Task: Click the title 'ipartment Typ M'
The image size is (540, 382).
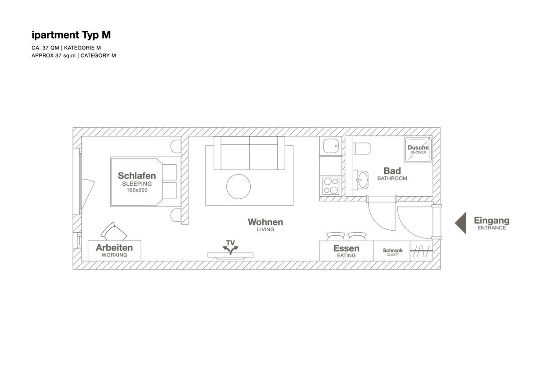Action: coord(71,35)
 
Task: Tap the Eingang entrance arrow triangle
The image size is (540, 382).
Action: coord(461,223)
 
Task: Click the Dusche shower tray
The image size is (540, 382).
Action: coord(418,150)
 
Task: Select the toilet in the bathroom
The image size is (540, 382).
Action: coord(362,148)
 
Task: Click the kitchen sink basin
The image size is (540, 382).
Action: coord(331,146)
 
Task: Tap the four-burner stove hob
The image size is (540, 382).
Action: coord(331,186)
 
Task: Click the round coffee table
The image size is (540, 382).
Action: coord(238,187)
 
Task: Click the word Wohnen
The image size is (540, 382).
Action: coord(265,222)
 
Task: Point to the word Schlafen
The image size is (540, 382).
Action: coord(137,175)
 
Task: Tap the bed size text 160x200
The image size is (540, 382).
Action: coord(137,190)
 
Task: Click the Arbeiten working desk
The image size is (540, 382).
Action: coord(114,251)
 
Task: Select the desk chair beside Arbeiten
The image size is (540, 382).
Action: coord(113,232)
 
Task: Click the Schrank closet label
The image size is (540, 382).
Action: coord(393,252)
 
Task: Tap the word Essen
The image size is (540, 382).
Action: coord(346,248)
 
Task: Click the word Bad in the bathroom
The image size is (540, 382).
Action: coord(392,171)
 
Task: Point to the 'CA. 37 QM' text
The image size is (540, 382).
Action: coord(45,48)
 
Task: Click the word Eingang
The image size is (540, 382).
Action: coord(491,220)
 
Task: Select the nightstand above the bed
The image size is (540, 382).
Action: coord(176,146)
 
